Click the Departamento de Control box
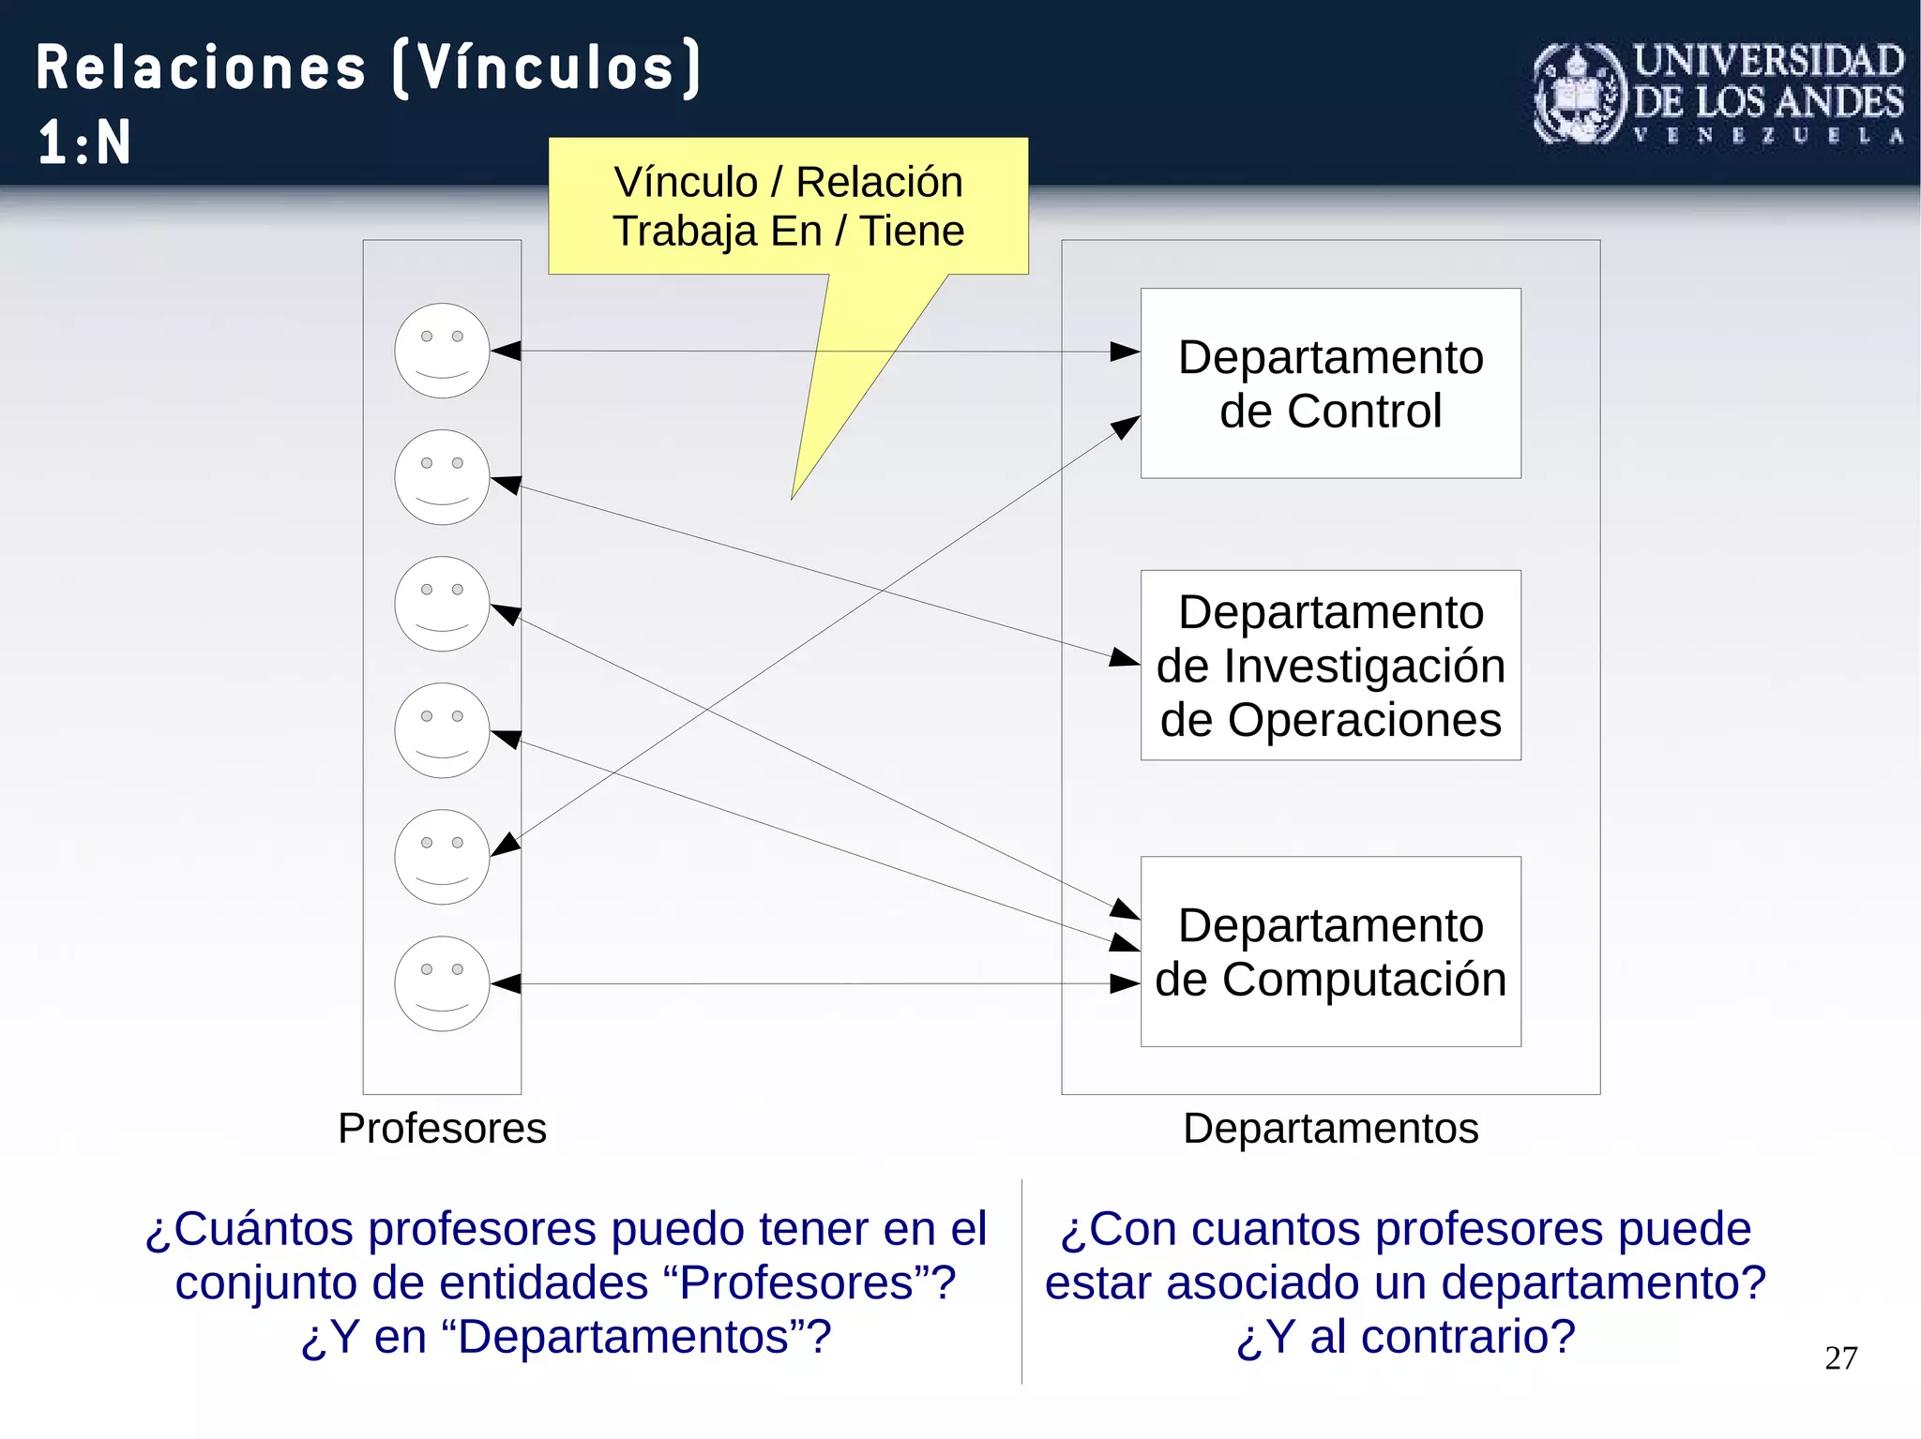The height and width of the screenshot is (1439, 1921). point(1330,383)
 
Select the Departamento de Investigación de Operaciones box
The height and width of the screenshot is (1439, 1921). point(1330,665)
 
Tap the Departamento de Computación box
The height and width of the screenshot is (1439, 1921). point(1330,951)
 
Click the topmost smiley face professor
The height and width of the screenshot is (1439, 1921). point(442,351)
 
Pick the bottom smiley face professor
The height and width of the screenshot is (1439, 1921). point(442,983)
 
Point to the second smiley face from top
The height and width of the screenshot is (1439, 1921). point(442,477)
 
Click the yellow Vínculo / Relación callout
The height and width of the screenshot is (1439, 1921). point(788,206)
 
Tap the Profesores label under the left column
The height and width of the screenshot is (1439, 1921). point(442,1128)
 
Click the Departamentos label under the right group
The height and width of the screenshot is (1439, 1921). point(1330,1128)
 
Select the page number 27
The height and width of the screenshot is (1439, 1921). point(1840,1357)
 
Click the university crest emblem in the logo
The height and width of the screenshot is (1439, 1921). point(1580,94)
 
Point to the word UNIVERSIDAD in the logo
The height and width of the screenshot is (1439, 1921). point(1769,61)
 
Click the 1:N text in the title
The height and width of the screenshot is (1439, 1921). point(84,142)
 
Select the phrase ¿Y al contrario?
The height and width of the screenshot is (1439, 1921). point(1405,1336)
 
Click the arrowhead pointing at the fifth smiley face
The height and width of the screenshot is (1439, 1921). point(506,844)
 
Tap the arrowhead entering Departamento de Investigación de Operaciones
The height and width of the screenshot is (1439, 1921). point(1124,657)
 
